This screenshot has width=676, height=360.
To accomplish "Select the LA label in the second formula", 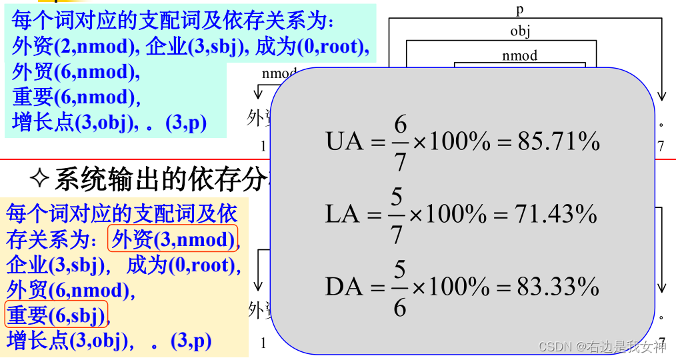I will (x=343, y=214).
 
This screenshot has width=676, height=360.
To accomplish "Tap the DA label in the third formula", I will (x=344, y=287).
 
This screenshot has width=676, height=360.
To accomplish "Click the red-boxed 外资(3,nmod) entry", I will (x=173, y=239).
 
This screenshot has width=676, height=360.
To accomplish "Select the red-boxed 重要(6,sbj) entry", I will (x=56, y=315).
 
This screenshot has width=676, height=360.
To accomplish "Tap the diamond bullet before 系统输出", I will (x=41, y=179).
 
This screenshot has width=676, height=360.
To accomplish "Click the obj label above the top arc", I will (x=520, y=31).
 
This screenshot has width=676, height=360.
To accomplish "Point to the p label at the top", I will (x=520, y=9).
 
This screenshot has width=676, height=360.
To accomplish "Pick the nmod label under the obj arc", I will (x=520, y=55).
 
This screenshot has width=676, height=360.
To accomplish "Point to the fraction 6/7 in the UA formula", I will (x=399, y=141).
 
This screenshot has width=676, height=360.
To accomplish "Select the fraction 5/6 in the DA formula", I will (x=399, y=287).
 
